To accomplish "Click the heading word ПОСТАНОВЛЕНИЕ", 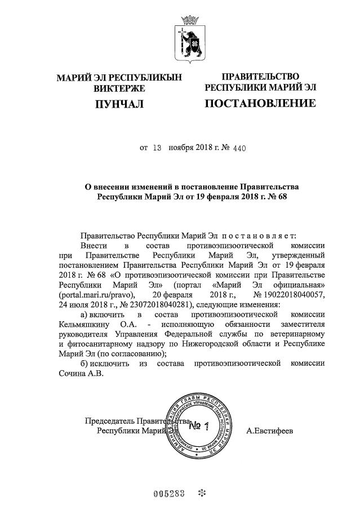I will click(260, 103).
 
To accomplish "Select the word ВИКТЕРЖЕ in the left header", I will click(119, 88).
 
